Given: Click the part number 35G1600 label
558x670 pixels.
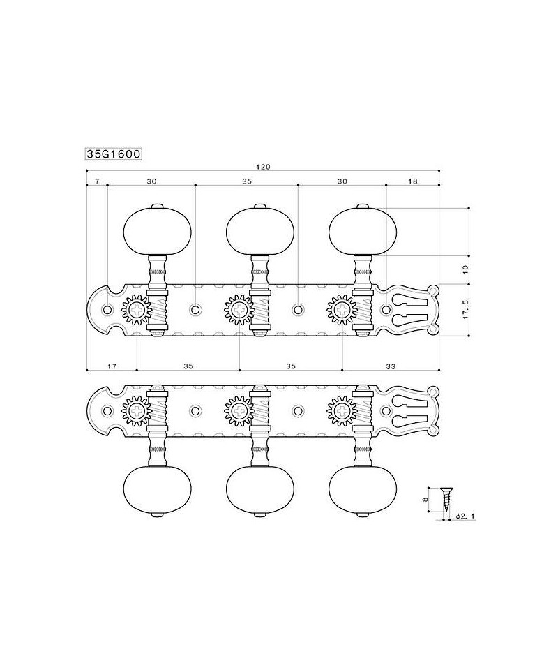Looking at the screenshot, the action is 114,154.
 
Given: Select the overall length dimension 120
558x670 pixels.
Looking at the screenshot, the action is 263,167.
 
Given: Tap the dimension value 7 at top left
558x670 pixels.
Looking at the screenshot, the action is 97,181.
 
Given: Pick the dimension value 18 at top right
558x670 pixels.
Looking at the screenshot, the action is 412,181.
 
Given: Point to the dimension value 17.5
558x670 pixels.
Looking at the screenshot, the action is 465,309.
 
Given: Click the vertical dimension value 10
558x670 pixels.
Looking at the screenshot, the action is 465,269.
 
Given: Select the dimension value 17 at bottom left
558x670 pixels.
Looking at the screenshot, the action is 112,366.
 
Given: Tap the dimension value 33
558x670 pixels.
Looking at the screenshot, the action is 390,366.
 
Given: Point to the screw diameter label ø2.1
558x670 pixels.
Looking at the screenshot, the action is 465,516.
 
